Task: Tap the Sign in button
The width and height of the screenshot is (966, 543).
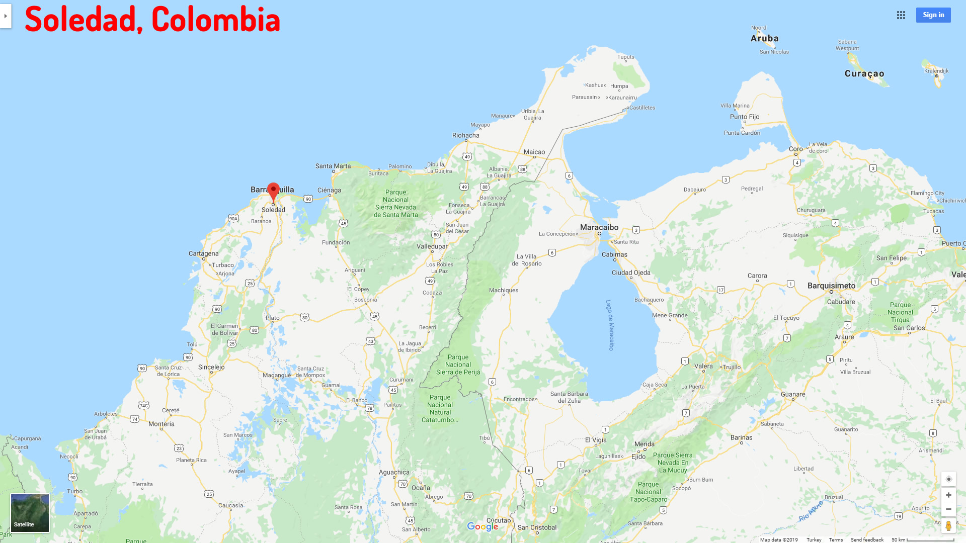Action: click(933, 15)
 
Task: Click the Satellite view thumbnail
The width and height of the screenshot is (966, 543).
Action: click(30, 513)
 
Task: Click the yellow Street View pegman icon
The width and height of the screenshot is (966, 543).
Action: click(948, 526)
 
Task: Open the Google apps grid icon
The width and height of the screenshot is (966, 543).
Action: click(901, 15)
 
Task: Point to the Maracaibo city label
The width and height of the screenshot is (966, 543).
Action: click(599, 227)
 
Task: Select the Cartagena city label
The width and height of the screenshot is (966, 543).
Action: click(204, 253)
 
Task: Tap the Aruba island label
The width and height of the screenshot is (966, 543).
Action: click(765, 38)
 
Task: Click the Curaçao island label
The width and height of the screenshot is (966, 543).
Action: click(864, 73)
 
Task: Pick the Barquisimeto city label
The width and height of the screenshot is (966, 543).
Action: click(831, 286)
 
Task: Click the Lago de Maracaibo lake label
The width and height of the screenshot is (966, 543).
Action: click(610, 325)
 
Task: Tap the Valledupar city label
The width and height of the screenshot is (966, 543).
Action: click(432, 246)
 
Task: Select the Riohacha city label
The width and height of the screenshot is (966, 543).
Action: click(466, 135)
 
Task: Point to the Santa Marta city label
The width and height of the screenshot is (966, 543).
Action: click(333, 166)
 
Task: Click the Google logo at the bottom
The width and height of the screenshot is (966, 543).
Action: click(482, 526)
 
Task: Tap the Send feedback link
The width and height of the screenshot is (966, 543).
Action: click(867, 539)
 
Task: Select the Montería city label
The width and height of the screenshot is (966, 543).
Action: click(162, 424)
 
